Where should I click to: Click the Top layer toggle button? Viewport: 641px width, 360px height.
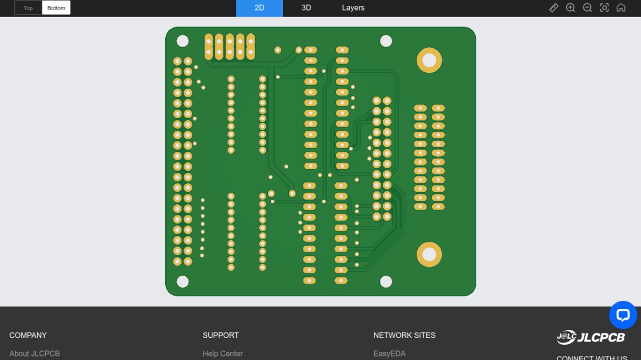(x=28, y=8)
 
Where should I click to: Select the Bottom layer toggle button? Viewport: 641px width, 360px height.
(x=56, y=8)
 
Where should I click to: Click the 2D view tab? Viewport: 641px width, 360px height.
(x=259, y=8)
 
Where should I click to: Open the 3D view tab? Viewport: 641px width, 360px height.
(x=306, y=8)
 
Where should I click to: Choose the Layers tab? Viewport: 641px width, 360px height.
(x=353, y=8)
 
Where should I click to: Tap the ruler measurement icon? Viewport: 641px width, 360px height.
(x=553, y=8)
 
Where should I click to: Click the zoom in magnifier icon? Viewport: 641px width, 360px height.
(x=570, y=8)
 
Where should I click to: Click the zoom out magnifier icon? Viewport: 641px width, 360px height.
(x=587, y=8)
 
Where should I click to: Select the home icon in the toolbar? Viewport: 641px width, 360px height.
(x=621, y=8)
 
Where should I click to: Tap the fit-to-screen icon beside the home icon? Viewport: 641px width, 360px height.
(x=604, y=8)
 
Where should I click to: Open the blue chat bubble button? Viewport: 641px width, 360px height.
(x=623, y=315)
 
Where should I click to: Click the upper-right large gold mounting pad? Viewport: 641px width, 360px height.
(x=429, y=60)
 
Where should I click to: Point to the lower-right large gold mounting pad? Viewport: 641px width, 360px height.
(x=429, y=255)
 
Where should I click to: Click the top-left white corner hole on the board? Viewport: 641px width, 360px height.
(x=183, y=41)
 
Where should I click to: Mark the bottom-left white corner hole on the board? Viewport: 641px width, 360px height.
(x=183, y=281)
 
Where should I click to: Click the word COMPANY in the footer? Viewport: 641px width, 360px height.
(x=28, y=335)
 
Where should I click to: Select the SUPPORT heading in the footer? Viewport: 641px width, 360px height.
(x=221, y=335)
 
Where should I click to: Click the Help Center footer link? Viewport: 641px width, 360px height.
(x=223, y=353)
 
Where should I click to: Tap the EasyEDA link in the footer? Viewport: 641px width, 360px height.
(x=390, y=353)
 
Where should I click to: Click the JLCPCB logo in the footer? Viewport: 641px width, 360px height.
(x=591, y=337)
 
